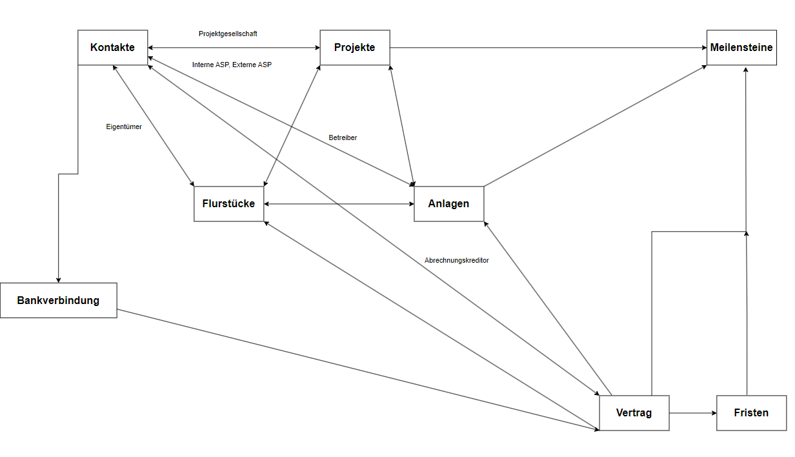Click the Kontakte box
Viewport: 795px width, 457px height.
tap(112, 47)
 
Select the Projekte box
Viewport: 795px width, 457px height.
tap(354, 47)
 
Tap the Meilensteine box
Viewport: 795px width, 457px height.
tap(741, 47)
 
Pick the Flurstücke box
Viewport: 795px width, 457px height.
tap(228, 203)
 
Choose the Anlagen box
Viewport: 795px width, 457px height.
tap(448, 203)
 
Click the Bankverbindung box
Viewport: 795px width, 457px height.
tap(58, 300)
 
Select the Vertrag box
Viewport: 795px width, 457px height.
tap(634, 412)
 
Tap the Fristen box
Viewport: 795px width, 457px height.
tap(751, 412)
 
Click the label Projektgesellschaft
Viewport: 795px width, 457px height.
tap(228, 34)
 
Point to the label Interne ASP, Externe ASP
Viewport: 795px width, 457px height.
tap(232, 65)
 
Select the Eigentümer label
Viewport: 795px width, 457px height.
tap(124, 127)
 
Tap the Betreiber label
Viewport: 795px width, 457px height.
tap(343, 137)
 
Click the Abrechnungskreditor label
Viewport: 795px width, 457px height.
tap(456, 260)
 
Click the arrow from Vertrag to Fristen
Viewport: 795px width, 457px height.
tap(692, 412)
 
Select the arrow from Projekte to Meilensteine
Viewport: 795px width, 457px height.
tap(548, 47)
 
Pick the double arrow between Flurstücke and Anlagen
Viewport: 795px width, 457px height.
tap(339, 204)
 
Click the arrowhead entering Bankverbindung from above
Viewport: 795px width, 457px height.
tap(58, 279)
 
